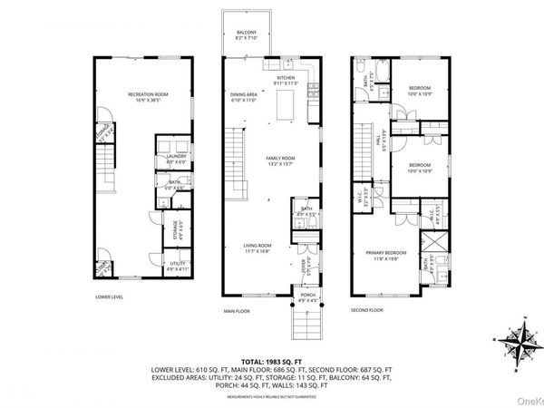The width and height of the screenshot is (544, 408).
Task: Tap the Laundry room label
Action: pos(177,158)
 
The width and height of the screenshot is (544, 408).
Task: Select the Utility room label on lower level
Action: pos(177,267)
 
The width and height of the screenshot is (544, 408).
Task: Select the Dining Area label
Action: pos(245,96)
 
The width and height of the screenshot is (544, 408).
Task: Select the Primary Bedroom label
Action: pos(386,255)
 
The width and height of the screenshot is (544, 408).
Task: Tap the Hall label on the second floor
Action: pos(378,143)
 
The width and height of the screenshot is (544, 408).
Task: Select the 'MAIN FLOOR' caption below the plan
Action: pos(238,310)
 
